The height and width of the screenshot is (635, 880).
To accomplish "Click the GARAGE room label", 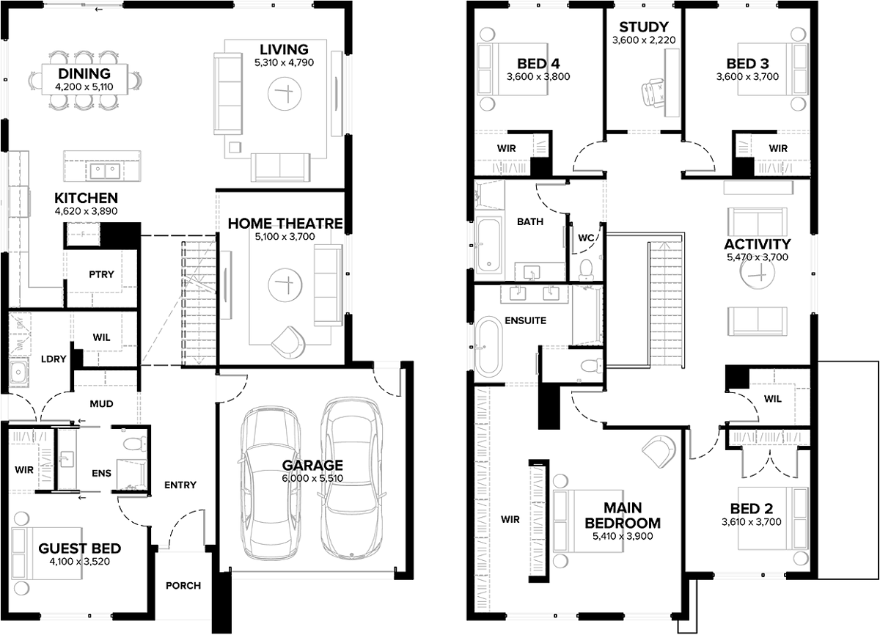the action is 312,465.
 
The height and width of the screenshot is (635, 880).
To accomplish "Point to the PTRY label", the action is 101,274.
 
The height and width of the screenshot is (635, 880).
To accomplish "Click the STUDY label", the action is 644,26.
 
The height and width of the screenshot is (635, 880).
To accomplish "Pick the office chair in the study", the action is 653,92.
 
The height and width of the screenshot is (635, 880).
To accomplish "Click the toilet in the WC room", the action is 586,270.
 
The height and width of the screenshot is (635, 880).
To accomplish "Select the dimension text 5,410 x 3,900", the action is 623,536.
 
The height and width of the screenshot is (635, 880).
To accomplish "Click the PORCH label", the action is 183,586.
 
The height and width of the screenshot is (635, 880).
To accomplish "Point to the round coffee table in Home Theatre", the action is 285,285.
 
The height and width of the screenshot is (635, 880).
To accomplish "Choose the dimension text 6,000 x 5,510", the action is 312,478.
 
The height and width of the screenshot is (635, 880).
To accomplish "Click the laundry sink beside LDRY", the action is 18,372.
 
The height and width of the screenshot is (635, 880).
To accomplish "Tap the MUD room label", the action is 101,404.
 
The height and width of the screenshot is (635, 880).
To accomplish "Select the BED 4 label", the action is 538,64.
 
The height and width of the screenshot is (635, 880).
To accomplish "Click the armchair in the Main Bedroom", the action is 658,450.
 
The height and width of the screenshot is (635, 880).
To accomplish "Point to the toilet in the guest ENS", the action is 135,443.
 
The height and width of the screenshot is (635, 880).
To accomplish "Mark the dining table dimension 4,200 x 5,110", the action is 84,87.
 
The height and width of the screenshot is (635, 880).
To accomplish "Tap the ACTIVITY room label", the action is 757,244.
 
